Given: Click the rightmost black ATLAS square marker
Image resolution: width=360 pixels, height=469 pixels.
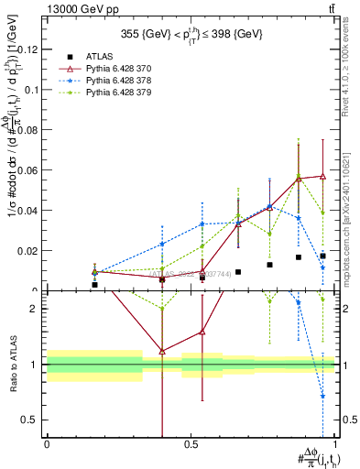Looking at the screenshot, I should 322,256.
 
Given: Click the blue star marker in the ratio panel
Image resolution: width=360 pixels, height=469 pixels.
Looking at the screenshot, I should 322,396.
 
